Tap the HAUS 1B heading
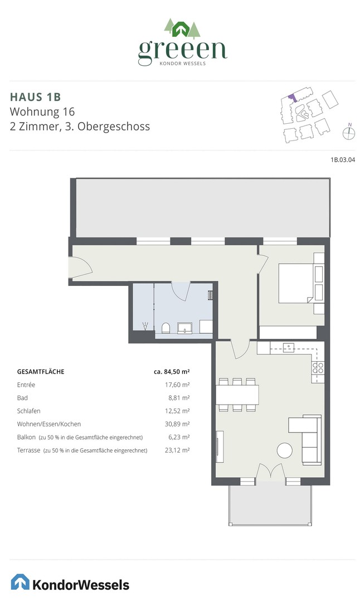(35, 97)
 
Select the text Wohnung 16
(42, 111)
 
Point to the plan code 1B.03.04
(343, 160)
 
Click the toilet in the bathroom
(166, 328)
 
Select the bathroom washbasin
(184, 328)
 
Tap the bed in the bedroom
(296, 283)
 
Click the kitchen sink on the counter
(289, 348)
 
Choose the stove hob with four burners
(318, 367)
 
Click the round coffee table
(285, 450)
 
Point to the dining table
(237, 394)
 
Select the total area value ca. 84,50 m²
(172, 372)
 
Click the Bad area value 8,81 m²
(177, 398)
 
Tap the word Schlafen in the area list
(29, 411)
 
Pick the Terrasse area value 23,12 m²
(177, 450)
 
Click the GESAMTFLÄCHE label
(41, 372)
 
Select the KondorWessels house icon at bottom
(20, 581)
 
